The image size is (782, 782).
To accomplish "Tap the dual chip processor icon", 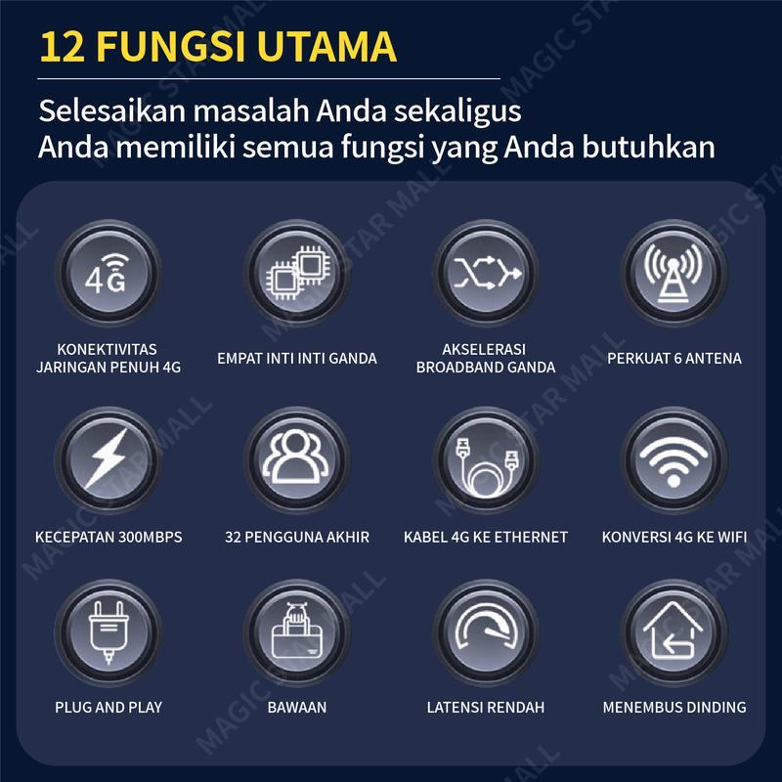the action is click(x=297, y=274).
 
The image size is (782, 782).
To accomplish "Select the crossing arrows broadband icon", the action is click(x=486, y=274).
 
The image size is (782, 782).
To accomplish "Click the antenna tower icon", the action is click(x=673, y=274).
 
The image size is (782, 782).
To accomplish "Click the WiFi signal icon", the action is click(x=673, y=459).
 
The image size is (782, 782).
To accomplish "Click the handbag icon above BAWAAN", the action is click(x=297, y=632).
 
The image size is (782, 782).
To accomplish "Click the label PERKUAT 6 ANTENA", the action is click(x=674, y=358).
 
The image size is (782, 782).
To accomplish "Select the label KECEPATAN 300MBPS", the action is click(x=109, y=537).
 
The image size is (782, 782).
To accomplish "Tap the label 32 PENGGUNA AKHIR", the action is click(x=297, y=537).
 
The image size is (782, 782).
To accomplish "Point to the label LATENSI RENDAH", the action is click(x=486, y=707).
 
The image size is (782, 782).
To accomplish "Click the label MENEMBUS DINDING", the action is click(x=674, y=707).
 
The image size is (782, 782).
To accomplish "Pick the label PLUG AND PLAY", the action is click(x=109, y=707).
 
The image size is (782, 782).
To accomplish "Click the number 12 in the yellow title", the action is click(x=63, y=47).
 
